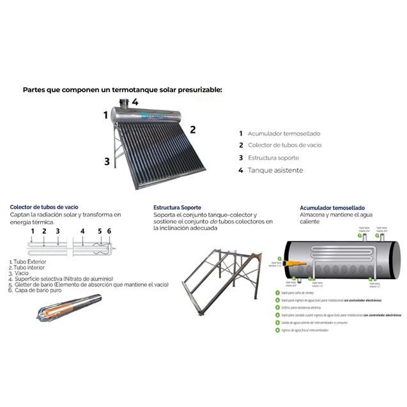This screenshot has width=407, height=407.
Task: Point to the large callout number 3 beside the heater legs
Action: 107,162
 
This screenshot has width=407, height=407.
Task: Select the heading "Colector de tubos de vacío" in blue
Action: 44,207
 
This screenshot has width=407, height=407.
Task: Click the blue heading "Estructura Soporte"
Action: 178,208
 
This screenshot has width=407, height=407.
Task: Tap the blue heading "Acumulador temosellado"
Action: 332,208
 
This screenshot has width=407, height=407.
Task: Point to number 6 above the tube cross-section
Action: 109,231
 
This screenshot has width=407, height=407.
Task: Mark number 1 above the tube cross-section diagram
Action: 33,231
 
